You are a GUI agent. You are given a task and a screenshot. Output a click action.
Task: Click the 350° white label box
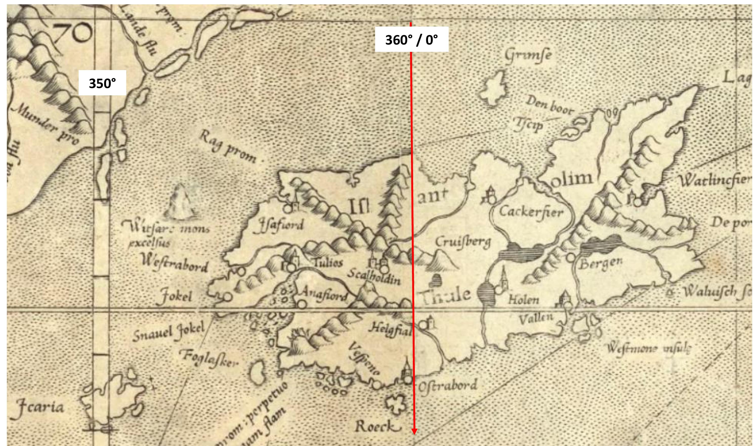(102, 83)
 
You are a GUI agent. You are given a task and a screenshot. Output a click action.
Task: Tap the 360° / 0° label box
(412, 39)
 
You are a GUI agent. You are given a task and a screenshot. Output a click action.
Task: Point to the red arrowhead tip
(414, 434)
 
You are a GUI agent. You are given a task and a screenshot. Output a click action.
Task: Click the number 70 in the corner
(72, 33)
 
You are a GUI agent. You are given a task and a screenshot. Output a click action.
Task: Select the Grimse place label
(528, 56)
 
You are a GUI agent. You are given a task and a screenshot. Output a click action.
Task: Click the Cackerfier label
(531, 212)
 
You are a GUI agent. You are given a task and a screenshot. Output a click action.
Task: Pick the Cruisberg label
(463, 242)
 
